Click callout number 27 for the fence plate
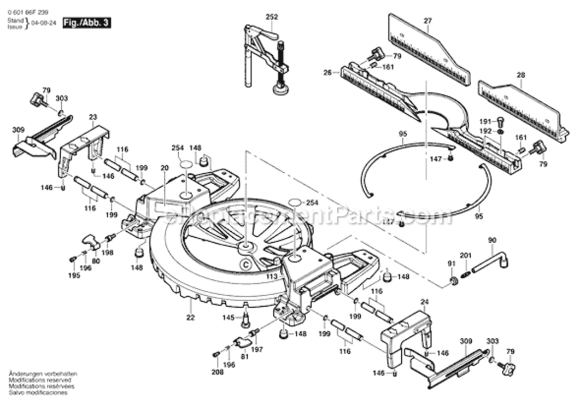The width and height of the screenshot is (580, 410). [427, 21]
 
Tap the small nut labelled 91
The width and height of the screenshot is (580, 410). [453, 280]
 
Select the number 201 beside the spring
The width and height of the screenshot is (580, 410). [466, 256]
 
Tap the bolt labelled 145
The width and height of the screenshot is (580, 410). [245, 318]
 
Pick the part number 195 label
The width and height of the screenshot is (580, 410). [74, 276]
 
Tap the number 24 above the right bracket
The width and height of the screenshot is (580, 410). [424, 301]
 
